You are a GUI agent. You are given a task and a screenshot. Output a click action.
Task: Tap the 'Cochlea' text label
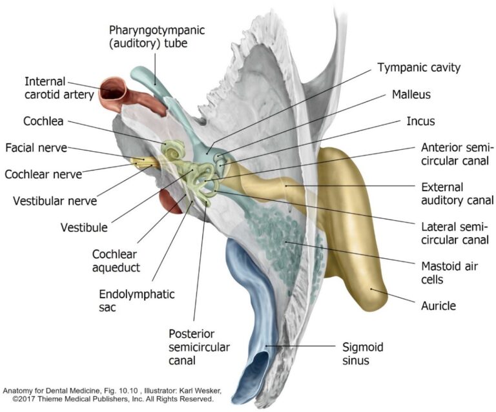43,121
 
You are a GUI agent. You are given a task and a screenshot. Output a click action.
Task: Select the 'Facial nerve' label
36,148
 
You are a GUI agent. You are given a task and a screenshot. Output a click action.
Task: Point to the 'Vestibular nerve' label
55,200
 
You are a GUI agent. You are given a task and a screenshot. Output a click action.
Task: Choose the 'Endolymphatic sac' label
137,300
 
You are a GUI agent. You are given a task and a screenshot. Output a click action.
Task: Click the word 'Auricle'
438,306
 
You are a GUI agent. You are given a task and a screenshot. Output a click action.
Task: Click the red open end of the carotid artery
115,90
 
